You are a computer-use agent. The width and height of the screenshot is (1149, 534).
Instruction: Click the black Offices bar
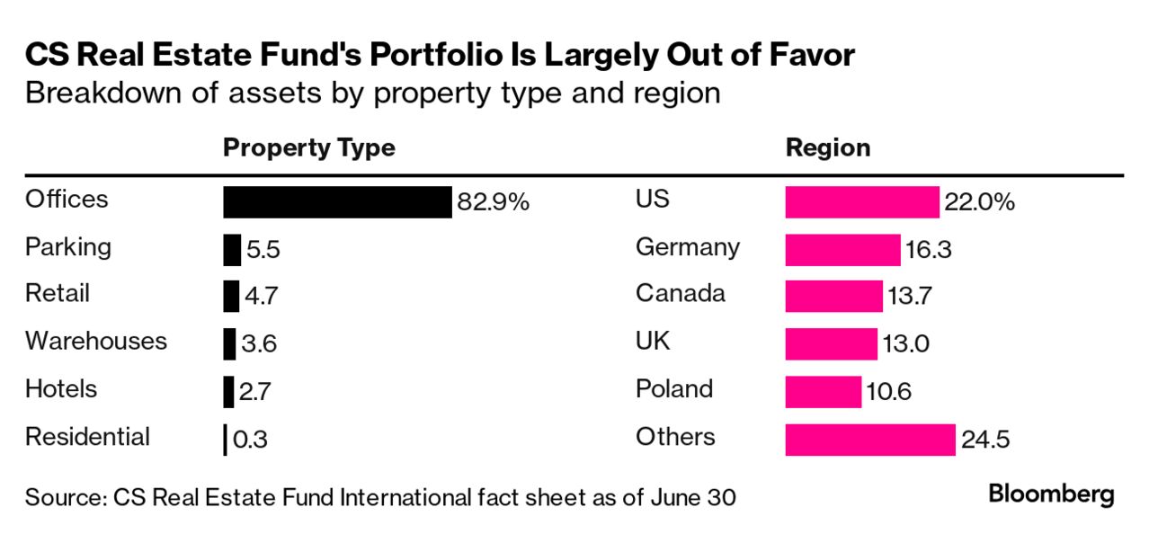coord(337,202)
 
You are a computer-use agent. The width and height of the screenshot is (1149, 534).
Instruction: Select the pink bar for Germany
coord(842,250)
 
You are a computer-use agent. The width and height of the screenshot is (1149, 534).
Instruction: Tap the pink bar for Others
coord(869,440)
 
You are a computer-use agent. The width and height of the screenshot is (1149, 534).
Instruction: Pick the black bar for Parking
coord(232,250)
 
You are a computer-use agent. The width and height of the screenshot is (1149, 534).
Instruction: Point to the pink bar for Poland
coord(823,392)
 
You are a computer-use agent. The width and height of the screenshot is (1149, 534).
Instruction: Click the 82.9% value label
coord(493,202)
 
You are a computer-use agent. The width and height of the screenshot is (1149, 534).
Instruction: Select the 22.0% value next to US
coord(979,202)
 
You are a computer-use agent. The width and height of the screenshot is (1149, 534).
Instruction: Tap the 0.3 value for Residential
coord(251,440)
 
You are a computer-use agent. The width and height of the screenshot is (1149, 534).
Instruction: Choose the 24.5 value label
coord(986,440)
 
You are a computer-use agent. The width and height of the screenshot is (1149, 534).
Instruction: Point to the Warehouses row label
coord(96,341)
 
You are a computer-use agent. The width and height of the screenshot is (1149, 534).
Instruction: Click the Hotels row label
coord(61,388)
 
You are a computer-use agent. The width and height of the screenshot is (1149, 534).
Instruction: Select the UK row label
coord(653,341)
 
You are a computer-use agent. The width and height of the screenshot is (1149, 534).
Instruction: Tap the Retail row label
coord(58,293)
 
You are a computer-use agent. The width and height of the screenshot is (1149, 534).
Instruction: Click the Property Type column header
coord(308,147)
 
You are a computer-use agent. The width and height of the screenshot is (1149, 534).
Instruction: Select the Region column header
coord(828,147)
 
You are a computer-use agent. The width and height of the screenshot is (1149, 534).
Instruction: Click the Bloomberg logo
coord(1051,494)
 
